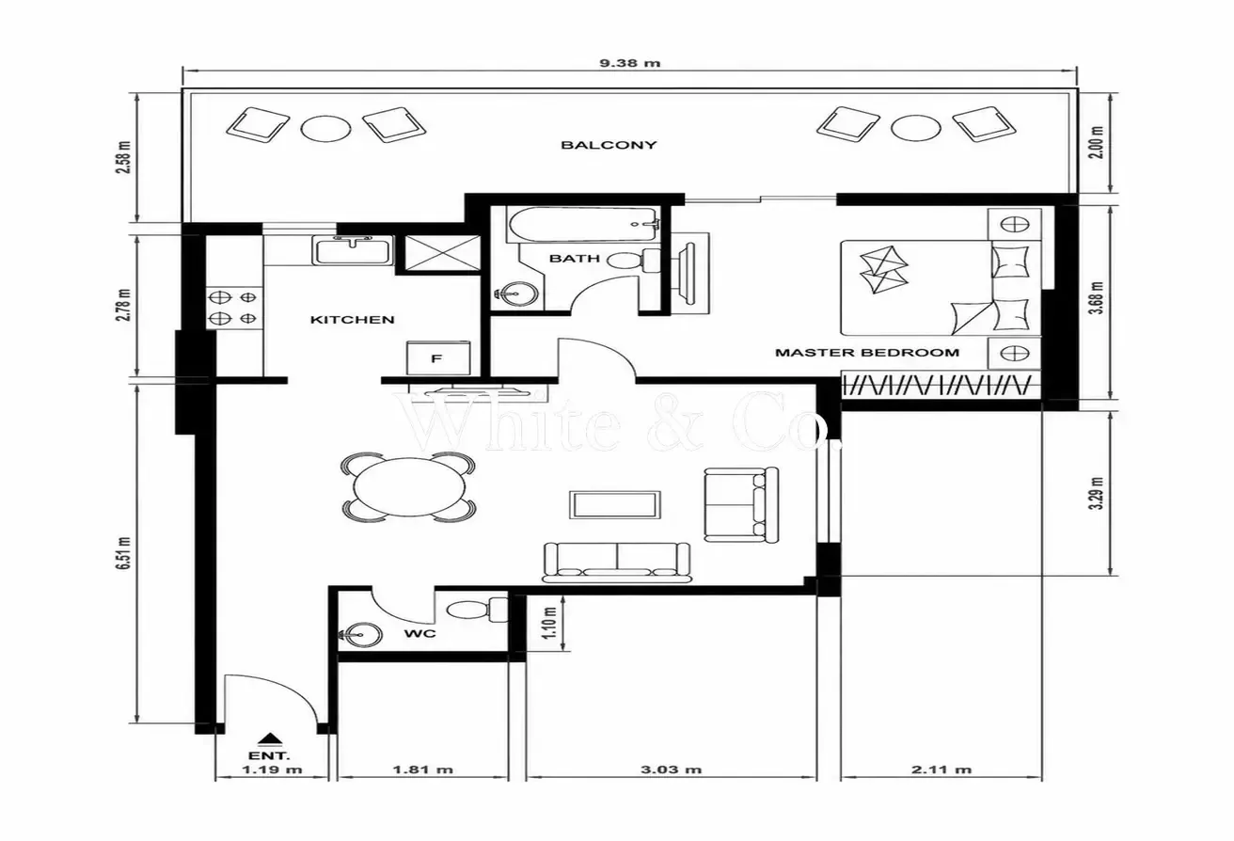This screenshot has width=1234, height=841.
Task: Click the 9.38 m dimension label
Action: (x=629, y=63)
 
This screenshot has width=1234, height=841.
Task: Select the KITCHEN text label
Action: (x=353, y=320)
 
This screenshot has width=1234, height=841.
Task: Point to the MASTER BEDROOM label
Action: (x=867, y=353)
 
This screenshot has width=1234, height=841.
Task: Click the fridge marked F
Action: (x=438, y=357)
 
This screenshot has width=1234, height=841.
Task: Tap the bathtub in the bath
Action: (x=584, y=224)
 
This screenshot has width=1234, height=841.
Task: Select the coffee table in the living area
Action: (x=615, y=504)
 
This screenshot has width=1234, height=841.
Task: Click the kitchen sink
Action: (x=353, y=249)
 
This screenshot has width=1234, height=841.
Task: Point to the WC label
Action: (x=419, y=634)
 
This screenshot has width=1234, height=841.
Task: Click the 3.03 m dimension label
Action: (x=671, y=770)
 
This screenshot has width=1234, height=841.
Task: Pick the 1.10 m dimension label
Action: (x=548, y=623)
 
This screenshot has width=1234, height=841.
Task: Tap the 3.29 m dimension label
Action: (x=1097, y=493)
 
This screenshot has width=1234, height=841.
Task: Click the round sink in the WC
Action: (x=362, y=634)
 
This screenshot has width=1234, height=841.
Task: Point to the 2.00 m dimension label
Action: (x=1097, y=143)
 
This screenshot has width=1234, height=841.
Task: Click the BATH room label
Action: (x=575, y=259)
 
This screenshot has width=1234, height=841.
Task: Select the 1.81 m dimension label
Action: (x=423, y=770)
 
